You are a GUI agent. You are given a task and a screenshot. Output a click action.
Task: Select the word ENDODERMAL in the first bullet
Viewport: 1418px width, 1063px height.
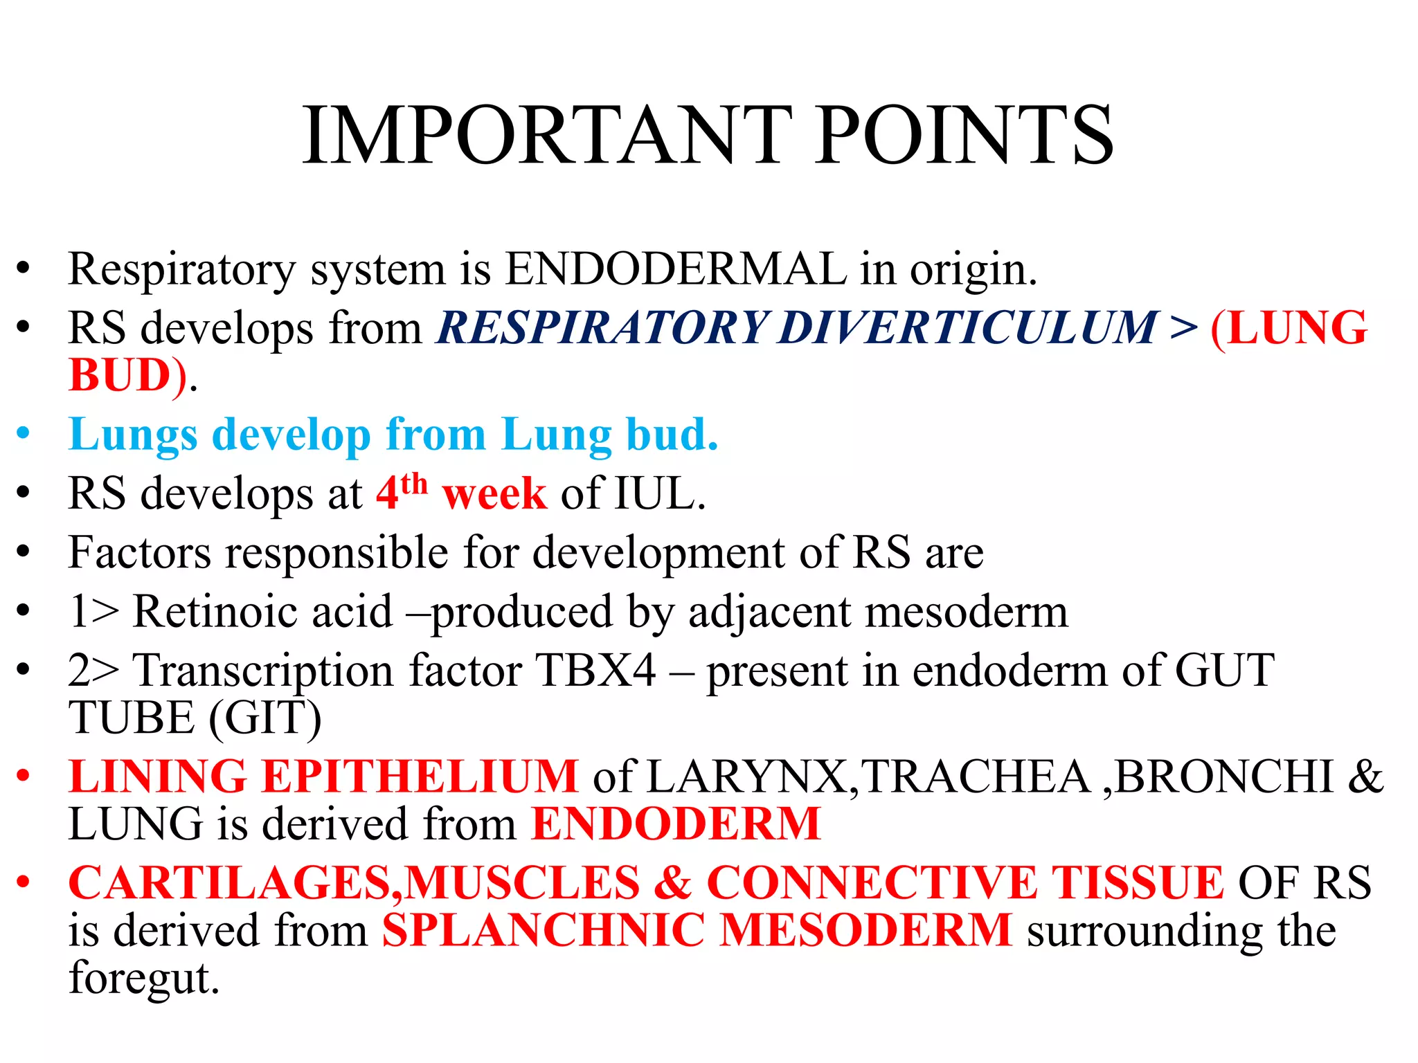tap(676, 269)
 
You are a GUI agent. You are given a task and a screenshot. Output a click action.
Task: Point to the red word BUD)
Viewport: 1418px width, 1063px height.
tap(128, 376)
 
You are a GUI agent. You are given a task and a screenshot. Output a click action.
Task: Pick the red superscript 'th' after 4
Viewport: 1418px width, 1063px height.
tap(414, 484)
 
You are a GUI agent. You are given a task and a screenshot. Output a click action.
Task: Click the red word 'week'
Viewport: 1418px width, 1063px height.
tap(494, 494)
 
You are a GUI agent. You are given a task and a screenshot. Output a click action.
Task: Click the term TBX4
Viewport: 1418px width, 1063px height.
tap(595, 671)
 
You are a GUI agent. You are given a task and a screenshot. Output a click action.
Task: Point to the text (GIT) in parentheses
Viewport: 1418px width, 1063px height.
tap(265, 718)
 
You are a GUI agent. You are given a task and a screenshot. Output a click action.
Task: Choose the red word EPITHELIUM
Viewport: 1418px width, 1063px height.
tap(420, 776)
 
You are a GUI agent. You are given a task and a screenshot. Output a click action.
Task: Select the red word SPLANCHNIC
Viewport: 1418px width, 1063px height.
tap(543, 930)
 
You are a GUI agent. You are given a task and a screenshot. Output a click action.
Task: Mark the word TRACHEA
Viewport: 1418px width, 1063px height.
tap(976, 776)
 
